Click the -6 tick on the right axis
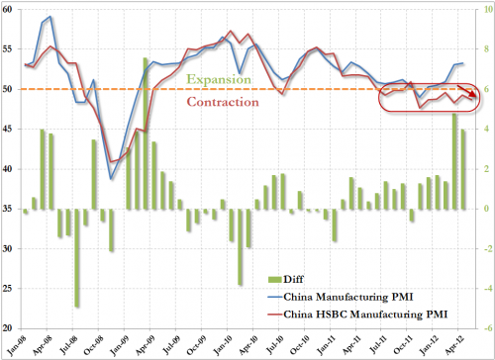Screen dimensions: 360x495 point(481,328)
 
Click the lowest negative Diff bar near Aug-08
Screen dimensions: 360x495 point(77,257)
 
